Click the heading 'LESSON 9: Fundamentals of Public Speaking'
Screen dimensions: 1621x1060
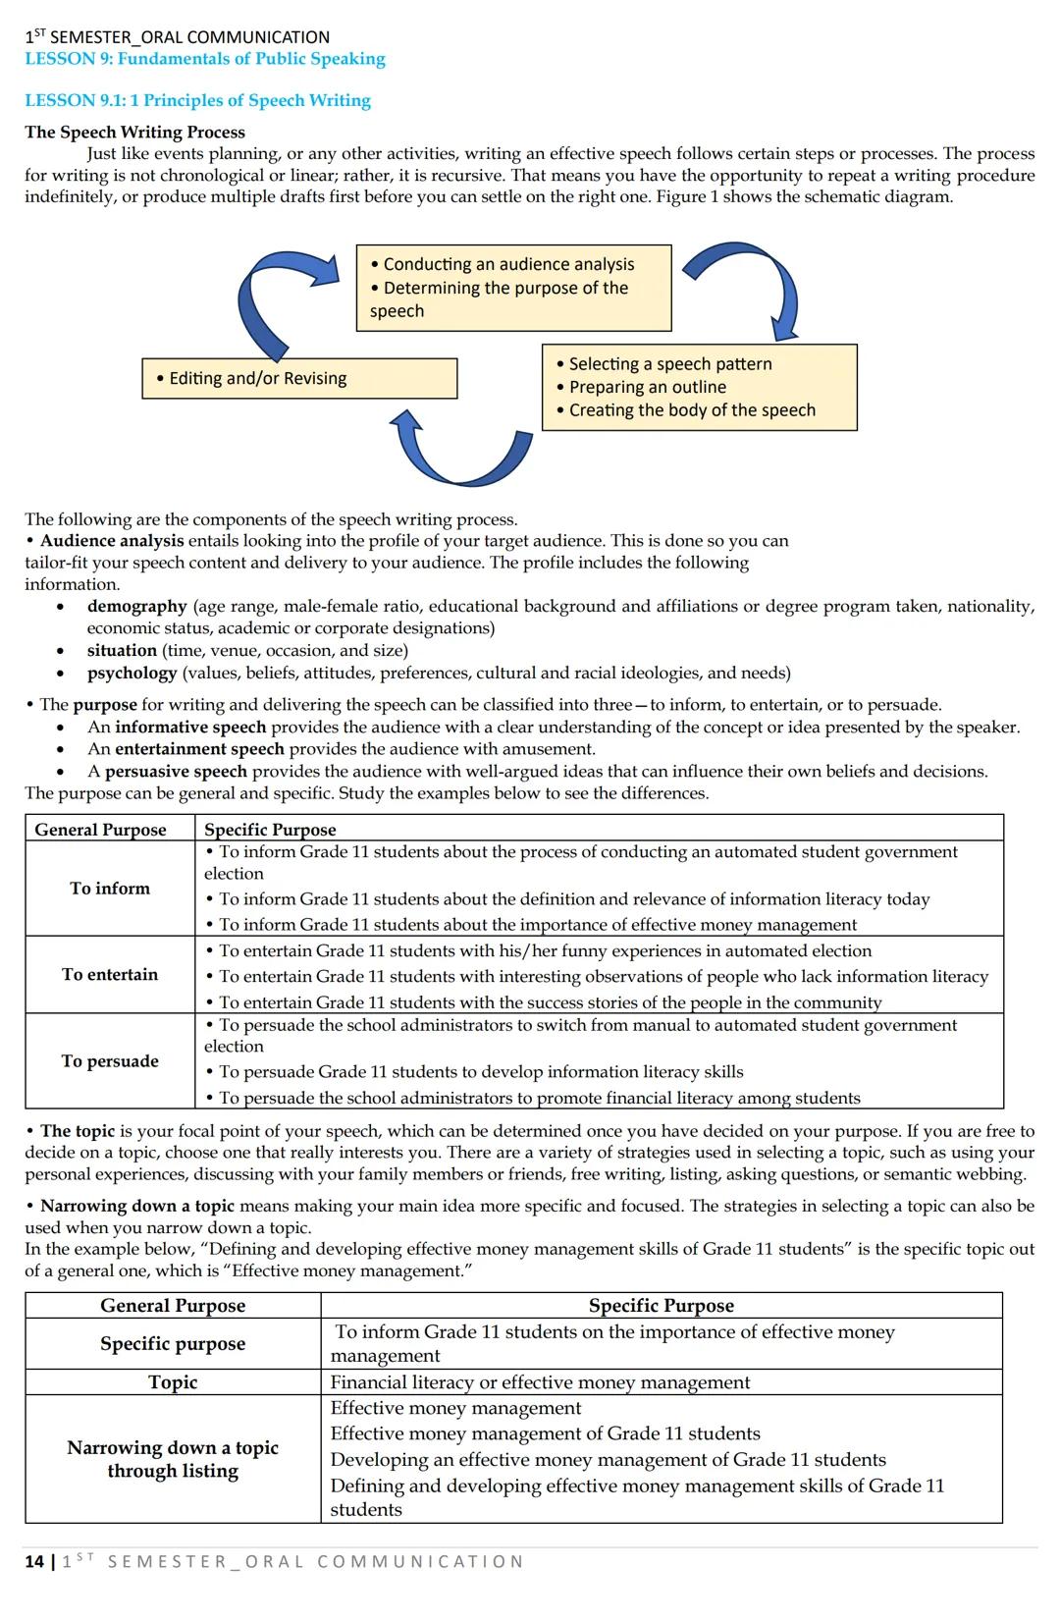click(x=205, y=59)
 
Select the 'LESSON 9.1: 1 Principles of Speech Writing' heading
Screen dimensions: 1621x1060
click(x=197, y=100)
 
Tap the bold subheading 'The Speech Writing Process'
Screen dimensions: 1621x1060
click(x=134, y=132)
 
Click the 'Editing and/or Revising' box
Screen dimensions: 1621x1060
click(x=299, y=378)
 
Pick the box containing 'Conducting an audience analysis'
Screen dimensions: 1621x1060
click(x=513, y=287)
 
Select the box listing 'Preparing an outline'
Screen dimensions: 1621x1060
click(x=699, y=387)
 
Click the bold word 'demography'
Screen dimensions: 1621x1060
click(x=136, y=606)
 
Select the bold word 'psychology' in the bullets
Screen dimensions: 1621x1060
click(x=132, y=673)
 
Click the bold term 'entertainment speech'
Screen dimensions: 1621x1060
click(x=199, y=748)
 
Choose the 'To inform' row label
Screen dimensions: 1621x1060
click(x=110, y=888)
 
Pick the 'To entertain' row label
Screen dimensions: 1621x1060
click(x=110, y=974)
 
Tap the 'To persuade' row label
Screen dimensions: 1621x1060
click(x=110, y=1060)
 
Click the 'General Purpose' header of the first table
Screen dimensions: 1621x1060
click(x=100, y=829)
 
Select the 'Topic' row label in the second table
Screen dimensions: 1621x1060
click(x=173, y=1381)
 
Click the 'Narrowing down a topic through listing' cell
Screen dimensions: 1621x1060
click(x=173, y=1458)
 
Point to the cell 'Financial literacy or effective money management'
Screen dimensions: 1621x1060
click(x=540, y=1381)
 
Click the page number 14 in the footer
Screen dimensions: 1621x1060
click(x=34, y=1561)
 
